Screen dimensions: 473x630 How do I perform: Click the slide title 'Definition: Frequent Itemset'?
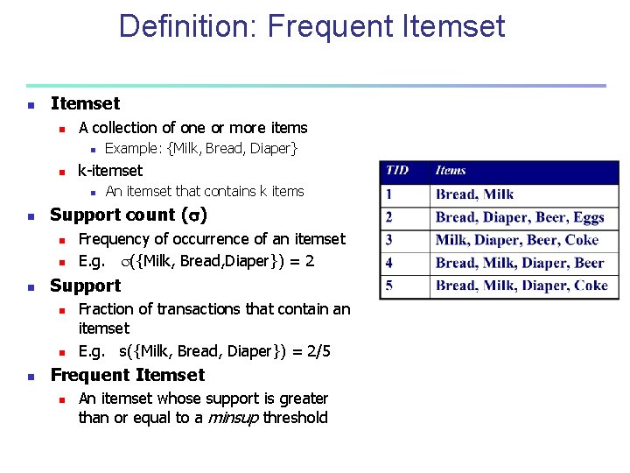(311, 27)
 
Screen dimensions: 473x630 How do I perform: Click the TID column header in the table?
(396, 171)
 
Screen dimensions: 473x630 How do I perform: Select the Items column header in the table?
(451, 171)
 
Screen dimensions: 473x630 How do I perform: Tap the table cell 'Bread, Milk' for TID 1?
(474, 194)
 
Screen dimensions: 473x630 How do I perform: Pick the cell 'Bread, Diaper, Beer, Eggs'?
(520, 217)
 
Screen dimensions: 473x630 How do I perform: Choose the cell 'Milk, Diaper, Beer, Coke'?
(516, 240)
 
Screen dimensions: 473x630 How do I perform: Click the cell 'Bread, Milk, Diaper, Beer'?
(519, 263)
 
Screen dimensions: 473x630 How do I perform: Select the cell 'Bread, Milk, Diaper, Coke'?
(521, 286)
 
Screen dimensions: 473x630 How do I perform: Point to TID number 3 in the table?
(389, 240)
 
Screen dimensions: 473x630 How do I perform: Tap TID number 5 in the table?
(389, 286)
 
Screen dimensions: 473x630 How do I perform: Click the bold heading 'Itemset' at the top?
(85, 104)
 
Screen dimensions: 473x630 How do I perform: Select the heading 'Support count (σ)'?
(129, 215)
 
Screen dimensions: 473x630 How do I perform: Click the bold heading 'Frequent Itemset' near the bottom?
(128, 376)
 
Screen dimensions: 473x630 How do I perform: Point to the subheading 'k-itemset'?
(110, 170)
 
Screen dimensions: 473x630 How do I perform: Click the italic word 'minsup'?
(233, 418)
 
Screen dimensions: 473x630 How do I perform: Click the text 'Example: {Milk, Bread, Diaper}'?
(201, 149)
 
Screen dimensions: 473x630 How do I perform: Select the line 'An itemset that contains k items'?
(205, 192)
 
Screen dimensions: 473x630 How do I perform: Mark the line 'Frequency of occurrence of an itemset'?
(212, 239)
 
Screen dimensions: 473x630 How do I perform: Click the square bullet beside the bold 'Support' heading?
(31, 287)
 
